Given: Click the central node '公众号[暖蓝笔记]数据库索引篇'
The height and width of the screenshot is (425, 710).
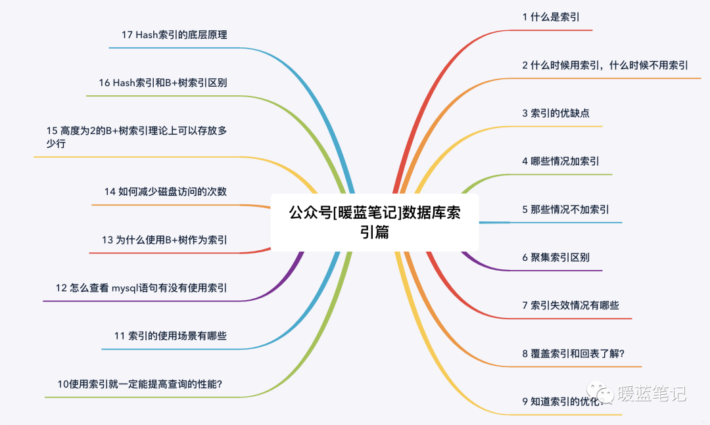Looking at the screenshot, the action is click(375, 222).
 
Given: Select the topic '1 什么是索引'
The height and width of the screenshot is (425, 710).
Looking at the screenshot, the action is click(551, 17).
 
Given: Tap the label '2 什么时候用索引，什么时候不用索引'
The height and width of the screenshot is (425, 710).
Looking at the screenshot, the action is click(605, 65).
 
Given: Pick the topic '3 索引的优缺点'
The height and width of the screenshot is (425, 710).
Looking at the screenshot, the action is click(556, 113).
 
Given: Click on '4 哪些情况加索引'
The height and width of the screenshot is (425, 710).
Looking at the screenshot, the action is click(561, 161).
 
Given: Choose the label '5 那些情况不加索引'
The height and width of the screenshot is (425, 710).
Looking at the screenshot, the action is click(565, 210).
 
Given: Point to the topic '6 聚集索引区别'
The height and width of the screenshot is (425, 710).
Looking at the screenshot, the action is click(556, 257).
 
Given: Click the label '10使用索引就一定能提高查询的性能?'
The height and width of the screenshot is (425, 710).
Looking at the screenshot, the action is click(139, 384).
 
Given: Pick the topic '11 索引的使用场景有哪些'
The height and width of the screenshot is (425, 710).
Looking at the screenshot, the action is click(170, 336).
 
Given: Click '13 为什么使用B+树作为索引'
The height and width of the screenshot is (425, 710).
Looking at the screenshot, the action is click(164, 240).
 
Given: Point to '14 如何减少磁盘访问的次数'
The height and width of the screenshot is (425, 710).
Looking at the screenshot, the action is click(166, 192).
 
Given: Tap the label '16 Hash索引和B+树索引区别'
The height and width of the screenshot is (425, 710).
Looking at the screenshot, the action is click(163, 83).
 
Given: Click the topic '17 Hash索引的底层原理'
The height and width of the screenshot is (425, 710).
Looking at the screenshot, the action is click(174, 35).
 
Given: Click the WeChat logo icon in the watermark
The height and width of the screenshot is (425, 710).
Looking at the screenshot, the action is click(600, 393).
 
